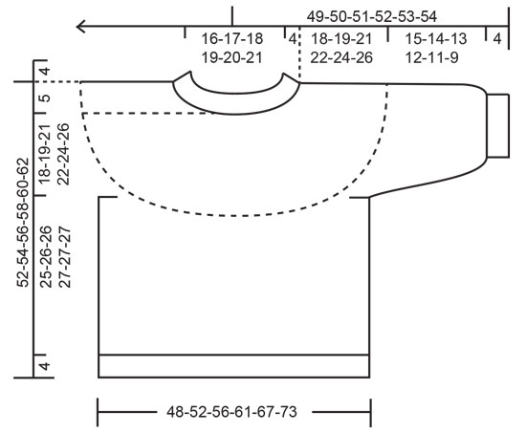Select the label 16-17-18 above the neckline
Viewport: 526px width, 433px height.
[x=232, y=40]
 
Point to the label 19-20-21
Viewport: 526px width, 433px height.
[x=232, y=57]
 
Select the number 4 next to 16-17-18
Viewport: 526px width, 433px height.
[x=291, y=40]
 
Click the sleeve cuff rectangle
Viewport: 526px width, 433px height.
[x=500, y=125]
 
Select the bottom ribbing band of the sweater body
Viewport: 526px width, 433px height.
[x=234, y=365]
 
